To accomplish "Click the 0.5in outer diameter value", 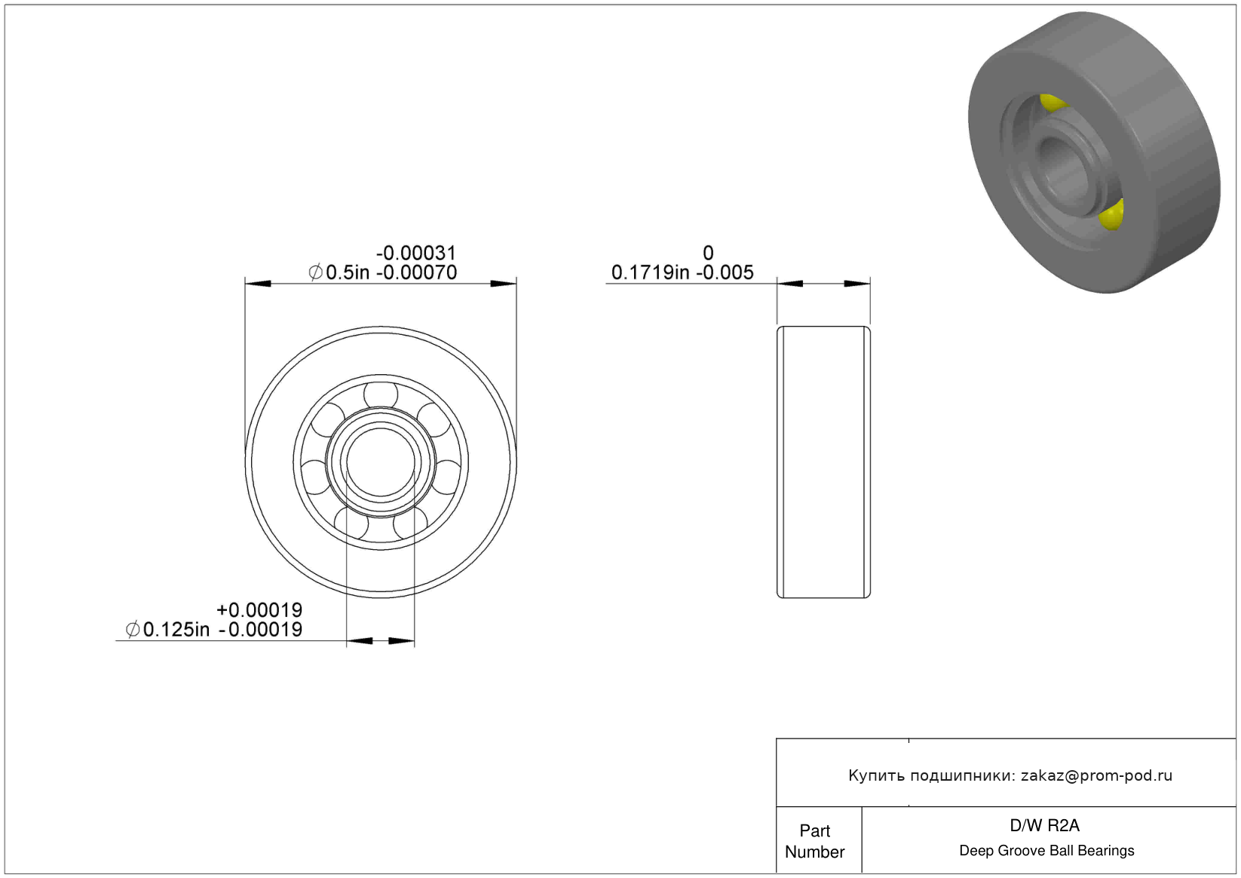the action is [348, 272].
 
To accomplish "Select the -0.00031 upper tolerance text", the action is [416, 253].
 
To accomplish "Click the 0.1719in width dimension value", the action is [650, 272].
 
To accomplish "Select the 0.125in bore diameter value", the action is [176, 629].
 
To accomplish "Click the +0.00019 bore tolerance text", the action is [259, 609].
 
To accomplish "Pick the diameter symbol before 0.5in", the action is [315, 272].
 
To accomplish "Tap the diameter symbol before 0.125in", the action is [133, 629].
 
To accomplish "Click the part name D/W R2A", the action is [1044, 825].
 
